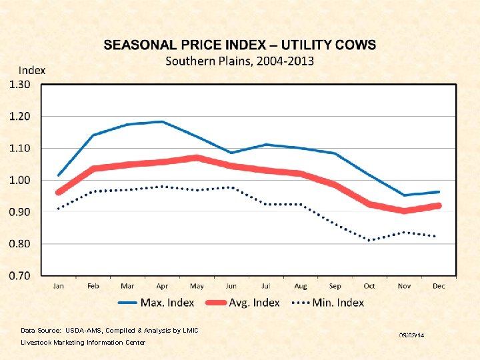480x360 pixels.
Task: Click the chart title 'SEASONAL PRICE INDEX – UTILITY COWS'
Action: coord(240,45)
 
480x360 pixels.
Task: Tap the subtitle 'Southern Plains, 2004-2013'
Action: coord(240,61)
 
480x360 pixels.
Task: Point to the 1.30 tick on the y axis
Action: coord(20,85)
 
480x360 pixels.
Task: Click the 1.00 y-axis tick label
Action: coord(20,180)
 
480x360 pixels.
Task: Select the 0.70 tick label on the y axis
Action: coord(20,275)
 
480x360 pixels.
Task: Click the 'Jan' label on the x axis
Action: coord(59,286)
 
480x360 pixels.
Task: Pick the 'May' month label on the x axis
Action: coord(197,286)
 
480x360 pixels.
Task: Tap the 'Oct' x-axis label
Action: coord(369,286)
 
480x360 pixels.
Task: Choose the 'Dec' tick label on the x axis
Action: coord(438,286)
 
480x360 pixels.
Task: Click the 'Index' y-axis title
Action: coord(32,70)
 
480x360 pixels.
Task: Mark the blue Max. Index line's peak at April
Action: coord(162,122)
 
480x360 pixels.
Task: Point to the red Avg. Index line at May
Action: coord(197,158)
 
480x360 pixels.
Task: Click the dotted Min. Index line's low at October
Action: coord(369,240)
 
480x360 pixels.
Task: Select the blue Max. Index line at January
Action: coord(59,175)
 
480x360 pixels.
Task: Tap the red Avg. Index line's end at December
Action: coord(438,206)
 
